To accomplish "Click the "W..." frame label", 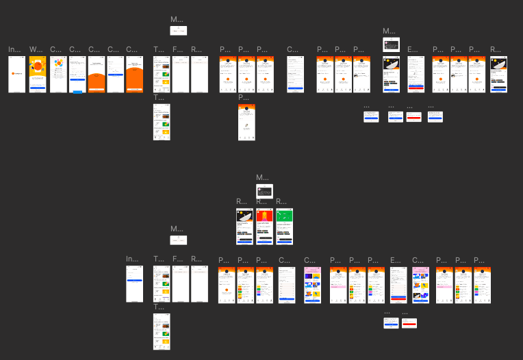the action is pyautogui.click(x=34, y=49).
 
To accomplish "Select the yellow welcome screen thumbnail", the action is pyautogui.click(x=38, y=74).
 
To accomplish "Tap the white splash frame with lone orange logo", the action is pyautogui.click(x=16, y=74).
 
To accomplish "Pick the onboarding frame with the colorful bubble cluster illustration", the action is pyautogui.click(x=58, y=74).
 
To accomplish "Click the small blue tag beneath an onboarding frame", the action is pyautogui.click(x=77, y=92).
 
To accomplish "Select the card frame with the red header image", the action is pyautogui.click(x=264, y=227).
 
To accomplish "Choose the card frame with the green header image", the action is pyautogui.click(x=284, y=227).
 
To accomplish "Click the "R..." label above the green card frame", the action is pyautogui.click(x=280, y=201).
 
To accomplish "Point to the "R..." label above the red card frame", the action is pyautogui.click(x=260, y=201).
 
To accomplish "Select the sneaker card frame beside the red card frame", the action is pyautogui.click(x=244, y=227).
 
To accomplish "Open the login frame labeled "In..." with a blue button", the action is pyautogui.click(x=135, y=283).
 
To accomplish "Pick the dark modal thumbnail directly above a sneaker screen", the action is pyautogui.click(x=391, y=44).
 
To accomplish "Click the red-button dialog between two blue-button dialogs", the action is pyautogui.click(x=413, y=117).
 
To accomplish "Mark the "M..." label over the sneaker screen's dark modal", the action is pyautogui.click(x=387, y=31).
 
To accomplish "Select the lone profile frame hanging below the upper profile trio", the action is pyautogui.click(x=246, y=122).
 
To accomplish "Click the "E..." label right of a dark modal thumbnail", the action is pyautogui.click(x=411, y=49).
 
